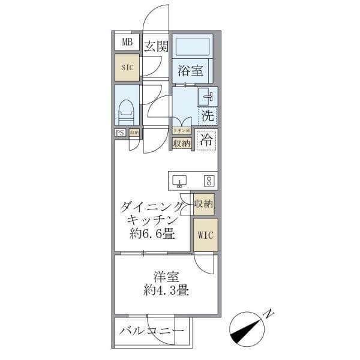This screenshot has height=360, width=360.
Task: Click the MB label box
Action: (127, 42)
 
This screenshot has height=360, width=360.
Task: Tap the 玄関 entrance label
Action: (155, 46)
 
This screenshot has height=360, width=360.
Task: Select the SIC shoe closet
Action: (127, 68)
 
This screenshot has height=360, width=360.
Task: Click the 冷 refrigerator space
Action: (206, 142)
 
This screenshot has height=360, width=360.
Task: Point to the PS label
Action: (120, 133)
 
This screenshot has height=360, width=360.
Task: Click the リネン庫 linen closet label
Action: (182, 131)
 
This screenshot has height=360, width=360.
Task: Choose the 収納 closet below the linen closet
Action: (182, 143)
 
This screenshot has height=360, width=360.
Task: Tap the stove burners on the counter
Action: (208, 181)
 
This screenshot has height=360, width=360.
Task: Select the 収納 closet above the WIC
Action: (203, 204)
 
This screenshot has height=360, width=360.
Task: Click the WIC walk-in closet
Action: (203, 235)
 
